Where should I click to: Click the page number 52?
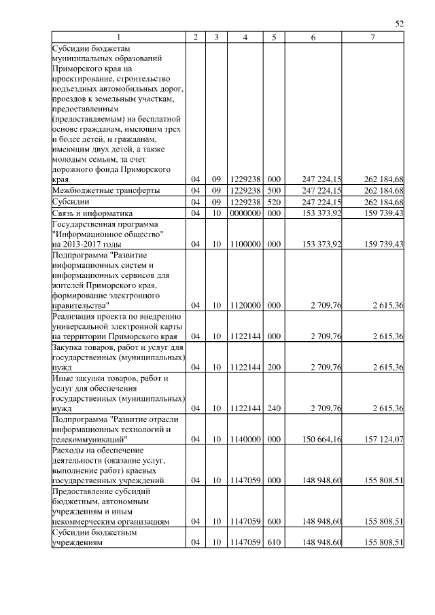coord(400,24)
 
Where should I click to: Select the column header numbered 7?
coord(373,37)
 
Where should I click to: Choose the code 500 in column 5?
coord(274,191)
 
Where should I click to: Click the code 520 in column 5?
coord(274,203)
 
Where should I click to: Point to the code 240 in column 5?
coord(274,408)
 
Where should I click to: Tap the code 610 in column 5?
coord(274,543)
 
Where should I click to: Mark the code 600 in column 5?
coord(274,521)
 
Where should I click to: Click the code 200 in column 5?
coord(274,368)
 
